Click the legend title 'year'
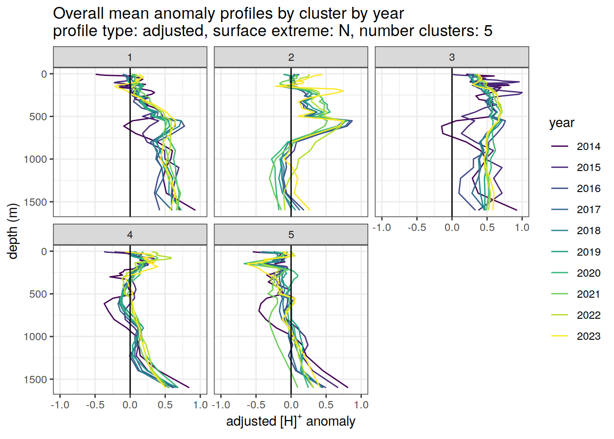[561, 123]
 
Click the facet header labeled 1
[130, 57]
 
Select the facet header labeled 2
[291, 57]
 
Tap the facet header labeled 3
[452, 57]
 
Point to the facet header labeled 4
[130, 235]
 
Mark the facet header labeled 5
[291, 235]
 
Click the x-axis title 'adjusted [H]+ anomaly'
[291, 421]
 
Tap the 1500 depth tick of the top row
[38, 202]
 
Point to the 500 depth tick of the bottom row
[38, 294]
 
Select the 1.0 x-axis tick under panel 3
[522, 227]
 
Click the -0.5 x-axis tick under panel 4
[95, 405]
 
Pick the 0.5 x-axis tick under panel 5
[326, 405]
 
